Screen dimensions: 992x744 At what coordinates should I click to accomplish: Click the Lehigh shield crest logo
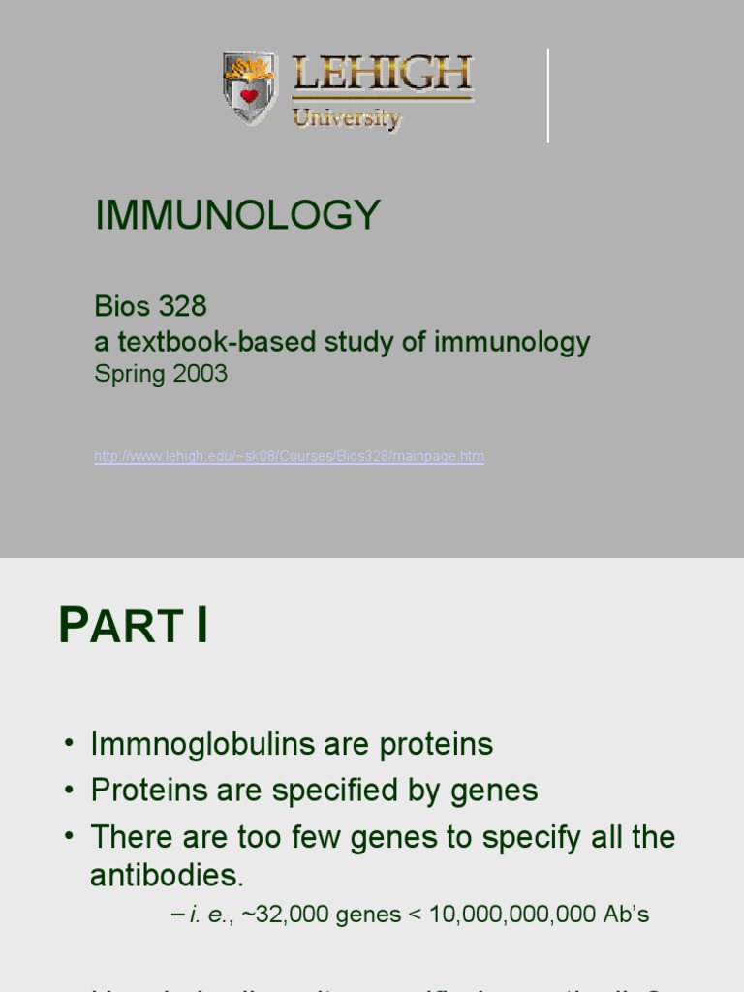(x=249, y=88)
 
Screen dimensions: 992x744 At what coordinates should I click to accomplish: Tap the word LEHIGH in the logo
(x=382, y=75)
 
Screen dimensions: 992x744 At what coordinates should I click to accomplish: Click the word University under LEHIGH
(x=346, y=118)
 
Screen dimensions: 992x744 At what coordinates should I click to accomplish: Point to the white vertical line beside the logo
(x=548, y=96)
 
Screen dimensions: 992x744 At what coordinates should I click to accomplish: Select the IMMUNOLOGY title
(x=237, y=214)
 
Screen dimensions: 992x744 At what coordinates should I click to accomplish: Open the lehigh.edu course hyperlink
(x=289, y=456)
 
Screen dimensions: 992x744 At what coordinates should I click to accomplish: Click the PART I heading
(x=134, y=625)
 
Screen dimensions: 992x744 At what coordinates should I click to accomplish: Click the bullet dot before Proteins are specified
(x=69, y=790)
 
